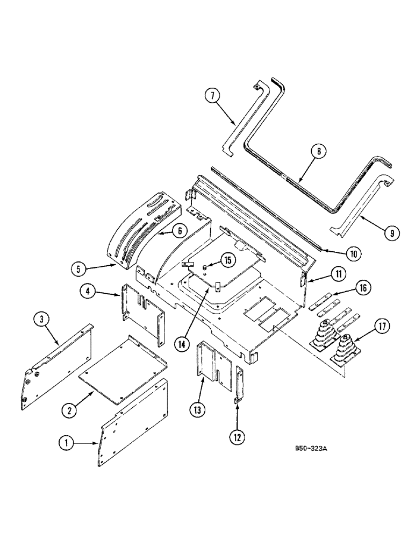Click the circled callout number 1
(x=67, y=443)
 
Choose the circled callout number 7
(x=212, y=97)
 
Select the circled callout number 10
(x=353, y=252)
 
